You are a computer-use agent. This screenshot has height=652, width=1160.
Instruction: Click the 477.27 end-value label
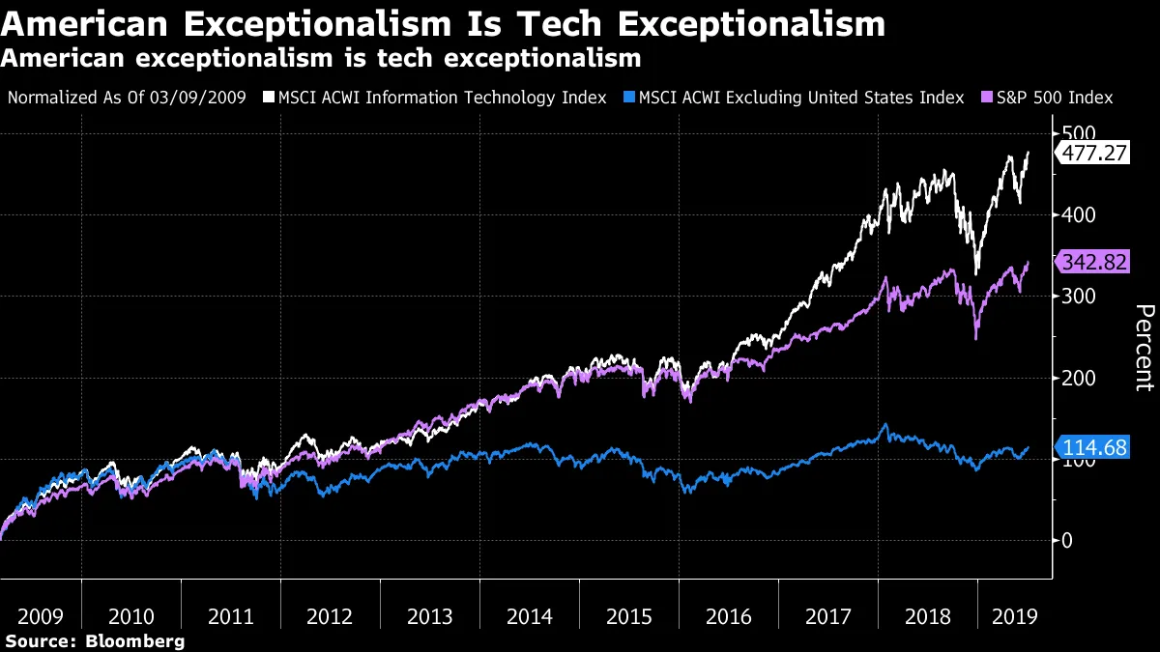1095,153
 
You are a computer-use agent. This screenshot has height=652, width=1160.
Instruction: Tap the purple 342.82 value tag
1095,262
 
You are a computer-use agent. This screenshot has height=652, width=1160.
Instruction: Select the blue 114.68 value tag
1095,448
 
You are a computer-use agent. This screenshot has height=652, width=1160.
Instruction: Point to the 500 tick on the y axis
1080,133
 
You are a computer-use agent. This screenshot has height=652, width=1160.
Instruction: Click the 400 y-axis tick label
1080,214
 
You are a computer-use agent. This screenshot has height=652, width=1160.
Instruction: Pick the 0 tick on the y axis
1067,540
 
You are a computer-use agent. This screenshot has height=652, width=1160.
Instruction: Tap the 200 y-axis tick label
1080,378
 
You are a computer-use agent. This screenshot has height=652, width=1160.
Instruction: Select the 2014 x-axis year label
529,617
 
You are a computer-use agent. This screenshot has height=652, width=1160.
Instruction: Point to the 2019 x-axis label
1014,617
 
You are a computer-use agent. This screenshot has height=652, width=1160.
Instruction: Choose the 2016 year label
728,617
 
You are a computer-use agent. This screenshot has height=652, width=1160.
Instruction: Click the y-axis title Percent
1144,347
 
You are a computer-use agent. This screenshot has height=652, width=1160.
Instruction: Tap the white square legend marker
270,98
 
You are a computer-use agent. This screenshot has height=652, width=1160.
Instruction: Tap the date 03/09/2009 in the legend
200,98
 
